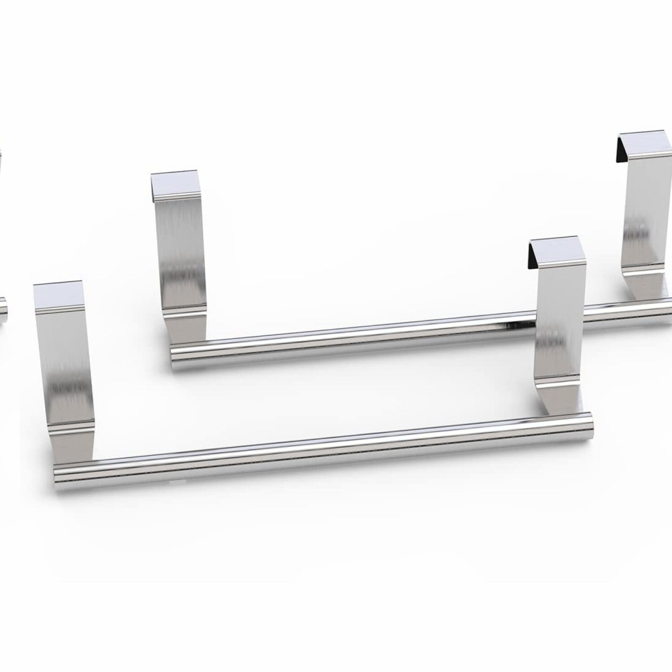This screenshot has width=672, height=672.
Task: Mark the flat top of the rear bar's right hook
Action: click(x=645, y=139)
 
